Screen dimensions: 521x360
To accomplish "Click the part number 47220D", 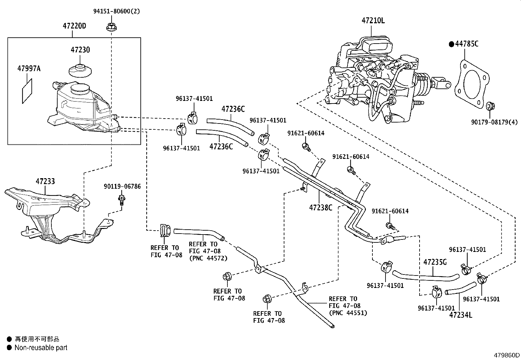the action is [74, 26].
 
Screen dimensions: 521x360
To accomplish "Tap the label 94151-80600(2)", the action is [117, 11].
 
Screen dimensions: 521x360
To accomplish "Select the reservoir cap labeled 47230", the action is [80, 70].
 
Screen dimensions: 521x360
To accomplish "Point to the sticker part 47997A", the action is [27, 91].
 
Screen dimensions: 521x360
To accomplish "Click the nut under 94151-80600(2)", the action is [111, 27].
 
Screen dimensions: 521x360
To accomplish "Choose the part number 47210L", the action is [373, 21].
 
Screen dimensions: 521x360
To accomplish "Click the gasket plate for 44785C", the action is [472, 84].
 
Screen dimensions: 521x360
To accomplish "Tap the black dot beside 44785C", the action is [451, 44].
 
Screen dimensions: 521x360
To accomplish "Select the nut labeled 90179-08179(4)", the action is [490, 106].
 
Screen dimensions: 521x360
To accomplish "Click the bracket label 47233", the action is [45, 181].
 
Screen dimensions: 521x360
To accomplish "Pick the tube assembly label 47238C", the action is [320, 207].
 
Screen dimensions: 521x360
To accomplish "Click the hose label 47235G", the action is [435, 262].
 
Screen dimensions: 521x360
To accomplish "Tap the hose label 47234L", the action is [460, 315].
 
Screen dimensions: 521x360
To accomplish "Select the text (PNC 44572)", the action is [208, 258].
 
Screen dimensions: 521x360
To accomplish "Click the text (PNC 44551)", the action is [348, 313].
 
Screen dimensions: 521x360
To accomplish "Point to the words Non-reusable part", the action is [41, 348].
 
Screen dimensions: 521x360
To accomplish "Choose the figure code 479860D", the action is [507, 355].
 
